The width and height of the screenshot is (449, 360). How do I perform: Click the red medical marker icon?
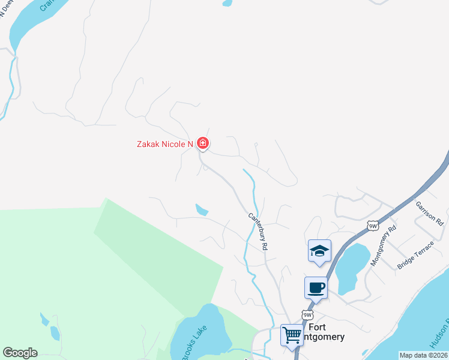click(x=203, y=143)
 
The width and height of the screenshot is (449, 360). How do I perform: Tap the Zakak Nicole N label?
click(x=164, y=143)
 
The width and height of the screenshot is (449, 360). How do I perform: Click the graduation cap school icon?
click(x=319, y=251)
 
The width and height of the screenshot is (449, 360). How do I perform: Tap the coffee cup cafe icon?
click(x=316, y=287)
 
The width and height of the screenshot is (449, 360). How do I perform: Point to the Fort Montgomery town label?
click(x=325, y=332)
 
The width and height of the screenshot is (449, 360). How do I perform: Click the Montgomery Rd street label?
click(x=384, y=245)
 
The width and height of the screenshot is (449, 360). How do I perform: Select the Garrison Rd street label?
click(x=429, y=212)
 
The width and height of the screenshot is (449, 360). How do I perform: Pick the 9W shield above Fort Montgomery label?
click(x=307, y=315)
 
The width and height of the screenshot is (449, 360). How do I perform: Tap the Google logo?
click(x=20, y=353)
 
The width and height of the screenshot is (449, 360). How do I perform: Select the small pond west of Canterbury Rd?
click(x=202, y=209)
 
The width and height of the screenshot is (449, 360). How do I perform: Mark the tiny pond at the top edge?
click(x=227, y=2)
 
